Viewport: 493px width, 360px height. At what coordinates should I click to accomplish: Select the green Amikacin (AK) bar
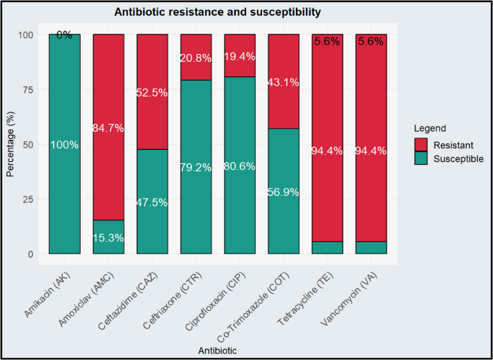pyautogui.click(x=65, y=180)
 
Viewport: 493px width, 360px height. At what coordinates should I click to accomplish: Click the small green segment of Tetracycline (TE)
pyautogui.click(x=328, y=248)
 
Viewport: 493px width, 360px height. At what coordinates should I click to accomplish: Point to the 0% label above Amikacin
pyautogui.click(x=65, y=35)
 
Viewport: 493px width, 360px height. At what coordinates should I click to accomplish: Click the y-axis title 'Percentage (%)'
pyautogui.click(x=10, y=144)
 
